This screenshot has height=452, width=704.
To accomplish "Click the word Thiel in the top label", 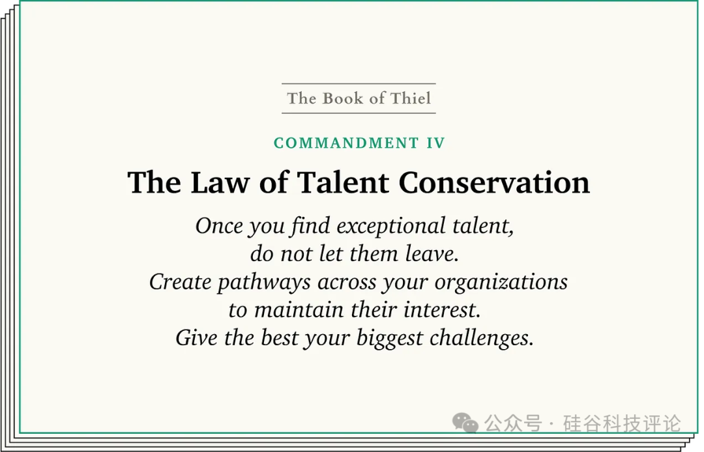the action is tap(411, 98).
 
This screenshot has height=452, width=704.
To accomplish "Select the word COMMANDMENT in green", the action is tap(346, 143).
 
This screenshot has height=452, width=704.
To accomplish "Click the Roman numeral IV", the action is tap(435, 143).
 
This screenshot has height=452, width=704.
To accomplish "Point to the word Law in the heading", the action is tap(220, 182).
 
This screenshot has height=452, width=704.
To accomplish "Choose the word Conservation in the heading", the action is tap(494, 182).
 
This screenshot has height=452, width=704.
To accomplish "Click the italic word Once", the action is tap(218, 225).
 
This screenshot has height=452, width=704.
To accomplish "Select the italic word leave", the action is tap(432, 253).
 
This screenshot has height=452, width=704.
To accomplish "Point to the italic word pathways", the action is tap(264, 283).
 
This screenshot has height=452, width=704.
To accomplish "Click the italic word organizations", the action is tap(501, 283).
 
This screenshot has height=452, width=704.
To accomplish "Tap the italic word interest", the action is tap(442, 310).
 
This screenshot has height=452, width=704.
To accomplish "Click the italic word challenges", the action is tap(481, 339).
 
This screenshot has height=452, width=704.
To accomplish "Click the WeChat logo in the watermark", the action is tap(465, 423).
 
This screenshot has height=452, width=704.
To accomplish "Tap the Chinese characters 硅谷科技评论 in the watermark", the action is tap(622, 423).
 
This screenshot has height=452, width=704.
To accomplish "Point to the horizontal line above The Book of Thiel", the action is tap(359, 83).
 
